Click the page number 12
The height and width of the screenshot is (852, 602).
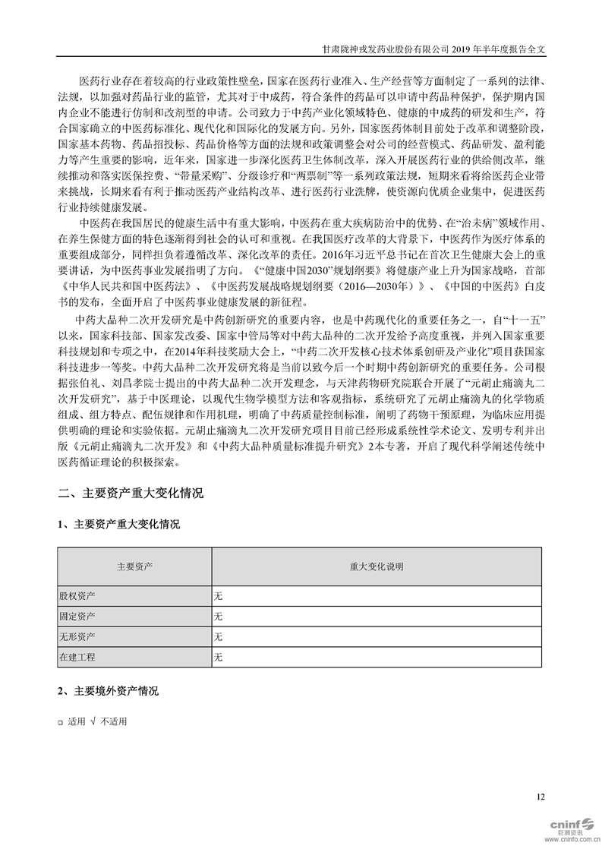click(x=541, y=797)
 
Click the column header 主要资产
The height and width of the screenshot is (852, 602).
click(x=134, y=566)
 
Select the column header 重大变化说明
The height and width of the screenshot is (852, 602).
click(x=377, y=566)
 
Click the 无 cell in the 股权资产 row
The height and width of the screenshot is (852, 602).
click(x=219, y=595)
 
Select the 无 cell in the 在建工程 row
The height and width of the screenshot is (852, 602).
click(x=219, y=656)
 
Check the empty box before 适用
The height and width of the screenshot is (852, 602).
click(x=61, y=722)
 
